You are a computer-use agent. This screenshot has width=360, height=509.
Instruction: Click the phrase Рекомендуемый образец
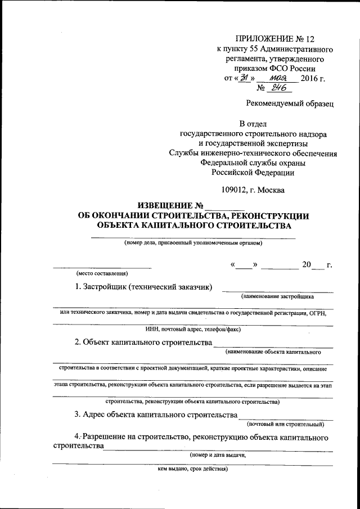pos(290,103)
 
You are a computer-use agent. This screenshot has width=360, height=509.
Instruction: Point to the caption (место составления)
pos(102,273)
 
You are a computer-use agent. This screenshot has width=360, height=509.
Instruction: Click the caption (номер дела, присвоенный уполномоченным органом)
pos(193,243)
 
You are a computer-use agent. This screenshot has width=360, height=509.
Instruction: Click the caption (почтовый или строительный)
pos(286,424)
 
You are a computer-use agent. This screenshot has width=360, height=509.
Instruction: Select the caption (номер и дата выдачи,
pos(218,455)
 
